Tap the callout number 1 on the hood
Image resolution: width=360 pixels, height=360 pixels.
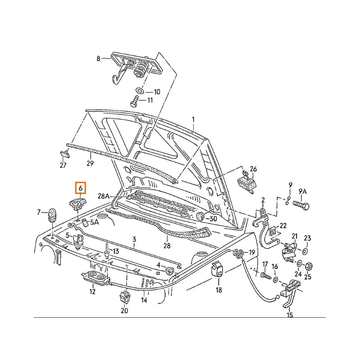click(x=193, y=119)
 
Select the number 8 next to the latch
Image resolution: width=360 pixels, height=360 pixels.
click(x=99, y=58)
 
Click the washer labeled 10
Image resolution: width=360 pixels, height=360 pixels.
click(x=139, y=92)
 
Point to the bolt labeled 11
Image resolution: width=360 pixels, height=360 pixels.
click(x=135, y=100)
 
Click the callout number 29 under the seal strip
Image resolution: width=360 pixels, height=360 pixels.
click(x=90, y=164)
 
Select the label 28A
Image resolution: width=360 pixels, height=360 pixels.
click(x=104, y=196)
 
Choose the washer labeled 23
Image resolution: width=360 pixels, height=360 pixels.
click(x=306, y=250)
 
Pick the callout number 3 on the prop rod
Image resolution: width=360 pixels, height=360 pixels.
click(x=134, y=239)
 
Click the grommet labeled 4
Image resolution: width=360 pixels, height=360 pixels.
click(x=170, y=270)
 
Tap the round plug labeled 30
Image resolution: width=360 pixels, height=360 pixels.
click(x=200, y=217)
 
